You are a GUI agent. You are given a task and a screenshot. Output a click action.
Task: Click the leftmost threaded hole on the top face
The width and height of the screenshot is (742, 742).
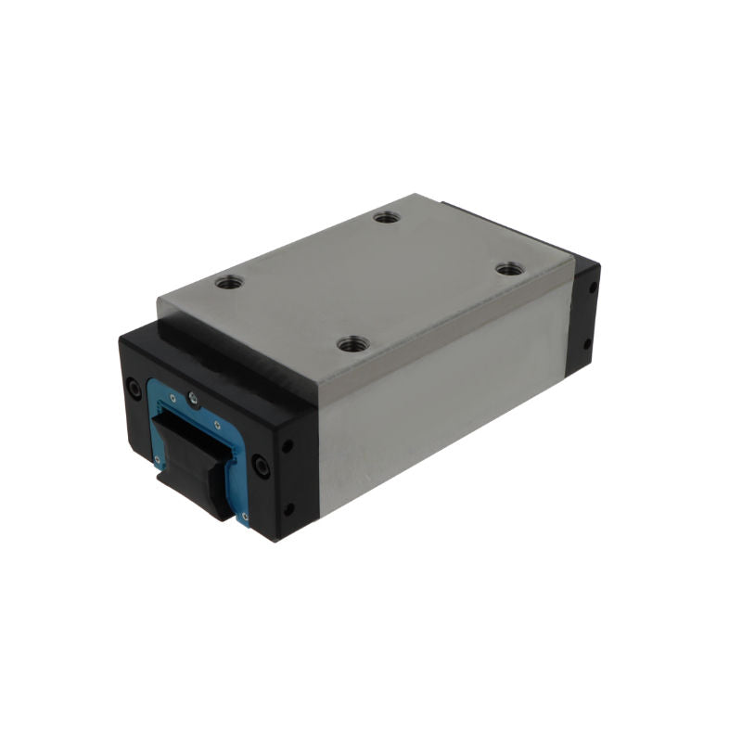[228, 281]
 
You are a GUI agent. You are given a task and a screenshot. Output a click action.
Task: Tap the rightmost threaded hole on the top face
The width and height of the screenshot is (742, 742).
[506, 268]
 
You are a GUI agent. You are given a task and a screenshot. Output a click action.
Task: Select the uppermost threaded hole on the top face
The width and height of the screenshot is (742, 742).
[385, 218]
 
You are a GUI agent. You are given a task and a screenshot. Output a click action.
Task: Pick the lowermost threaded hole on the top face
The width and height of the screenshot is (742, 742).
[350, 345]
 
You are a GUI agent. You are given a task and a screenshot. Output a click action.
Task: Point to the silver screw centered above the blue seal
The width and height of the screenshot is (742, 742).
[192, 398]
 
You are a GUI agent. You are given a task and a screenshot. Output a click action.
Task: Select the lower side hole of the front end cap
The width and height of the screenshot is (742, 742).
[288, 507]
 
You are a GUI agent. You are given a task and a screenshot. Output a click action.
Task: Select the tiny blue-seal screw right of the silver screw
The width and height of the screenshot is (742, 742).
[217, 426]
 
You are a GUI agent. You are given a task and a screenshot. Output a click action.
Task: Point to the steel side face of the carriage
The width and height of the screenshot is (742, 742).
[436, 399]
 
